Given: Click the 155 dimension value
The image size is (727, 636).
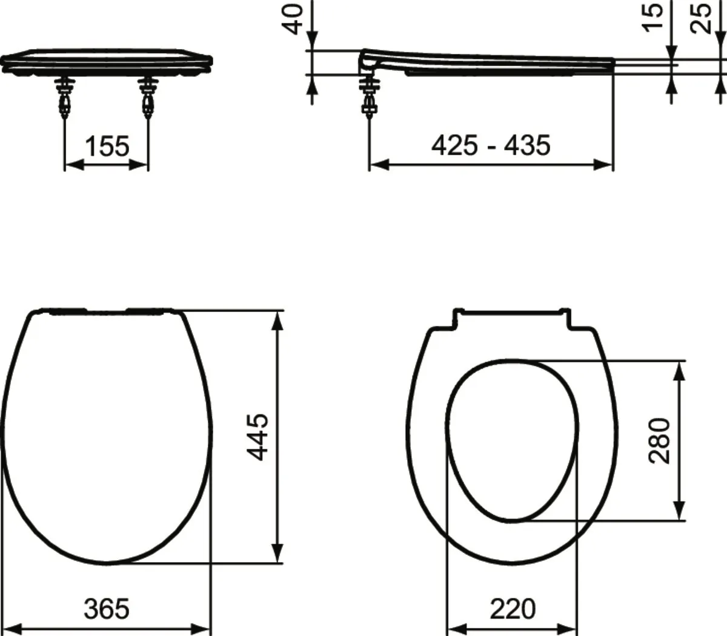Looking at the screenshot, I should pos(107,146).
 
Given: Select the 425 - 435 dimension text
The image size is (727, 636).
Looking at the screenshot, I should pos(491,145).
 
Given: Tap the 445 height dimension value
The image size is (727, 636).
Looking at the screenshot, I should pos(259,437).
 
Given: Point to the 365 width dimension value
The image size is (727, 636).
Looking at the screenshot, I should pos(107,608).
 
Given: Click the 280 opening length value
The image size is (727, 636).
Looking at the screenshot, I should pos(660,440).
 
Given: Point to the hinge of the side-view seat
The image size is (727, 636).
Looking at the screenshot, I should pos(369,61).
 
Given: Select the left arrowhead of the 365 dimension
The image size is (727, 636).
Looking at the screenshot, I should pos(12,628).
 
